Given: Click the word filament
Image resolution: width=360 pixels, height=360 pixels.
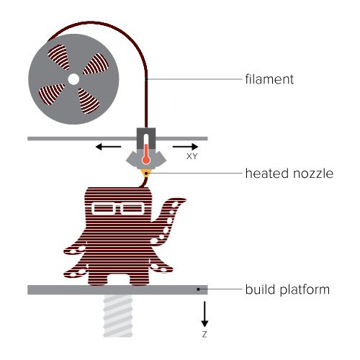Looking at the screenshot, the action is pyautogui.click(x=269, y=79).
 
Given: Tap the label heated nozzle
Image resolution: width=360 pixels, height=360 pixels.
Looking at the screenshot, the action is pyautogui.click(x=289, y=174).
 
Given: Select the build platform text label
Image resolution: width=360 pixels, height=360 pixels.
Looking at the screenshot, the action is pyautogui.click(x=287, y=289).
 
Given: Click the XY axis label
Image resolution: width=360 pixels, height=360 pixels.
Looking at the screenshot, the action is pyautogui.click(x=192, y=156).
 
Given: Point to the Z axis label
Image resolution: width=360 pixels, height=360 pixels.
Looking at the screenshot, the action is pyautogui.click(x=204, y=334).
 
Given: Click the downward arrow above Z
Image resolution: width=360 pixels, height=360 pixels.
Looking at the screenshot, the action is pyautogui.click(x=204, y=314).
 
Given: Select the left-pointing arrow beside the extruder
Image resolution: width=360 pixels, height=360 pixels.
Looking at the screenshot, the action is pyautogui.click(x=108, y=146).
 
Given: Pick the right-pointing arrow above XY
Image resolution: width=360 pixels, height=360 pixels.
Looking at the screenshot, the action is pyautogui.click(x=186, y=146).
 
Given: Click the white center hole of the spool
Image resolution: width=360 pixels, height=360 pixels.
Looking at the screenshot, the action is pyautogui.click(x=73, y=79).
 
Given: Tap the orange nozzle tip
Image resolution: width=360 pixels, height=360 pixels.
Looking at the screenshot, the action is pyautogui.click(x=146, y=173).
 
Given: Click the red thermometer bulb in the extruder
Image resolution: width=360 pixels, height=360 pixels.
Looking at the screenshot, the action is pyautogui.click(x=146, y=160).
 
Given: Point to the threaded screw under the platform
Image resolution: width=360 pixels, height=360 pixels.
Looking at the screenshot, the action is pyautogui.click(x=118, y=316).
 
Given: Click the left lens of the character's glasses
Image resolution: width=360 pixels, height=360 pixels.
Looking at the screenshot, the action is pyautogui.click(x=104, y=208).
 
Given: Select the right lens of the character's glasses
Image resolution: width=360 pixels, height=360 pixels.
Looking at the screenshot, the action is pyautogui.click(x=132, y=208).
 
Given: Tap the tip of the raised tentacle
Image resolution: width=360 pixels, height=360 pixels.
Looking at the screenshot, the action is pyautogui.click(x=185, y=199).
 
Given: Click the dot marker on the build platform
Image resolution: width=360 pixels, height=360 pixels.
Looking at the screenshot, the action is pyautogui.click(x=198, y=289).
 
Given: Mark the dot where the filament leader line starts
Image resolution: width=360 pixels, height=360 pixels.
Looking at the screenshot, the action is pyautogui.click(x=146, y=79).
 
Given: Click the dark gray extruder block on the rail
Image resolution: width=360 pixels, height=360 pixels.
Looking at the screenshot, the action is pyautogui.click(x=146, y=138).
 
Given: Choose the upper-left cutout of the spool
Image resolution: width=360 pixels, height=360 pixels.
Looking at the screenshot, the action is pyautogui.click(x=59, y=57).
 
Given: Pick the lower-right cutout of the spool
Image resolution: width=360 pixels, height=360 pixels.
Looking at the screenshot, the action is pyautogui.click(x=88, y=101).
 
